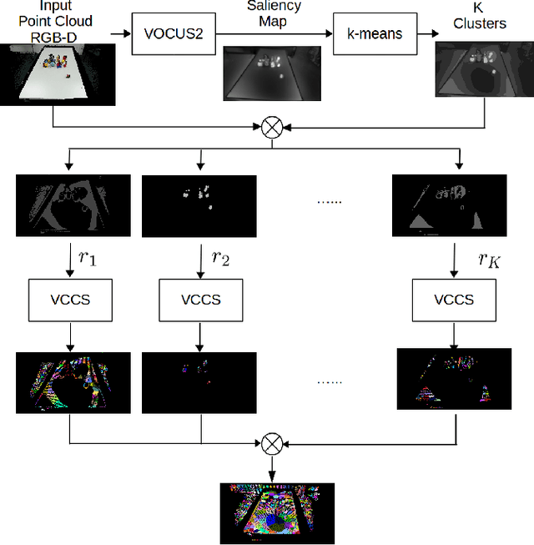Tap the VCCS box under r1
click(69, 299)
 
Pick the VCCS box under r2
click(200, 299)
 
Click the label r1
click(88, 258)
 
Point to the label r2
click(220, 258)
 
